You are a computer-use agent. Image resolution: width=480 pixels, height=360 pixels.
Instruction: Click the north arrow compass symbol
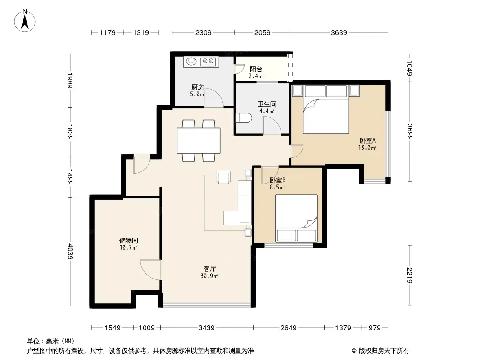[25, 20]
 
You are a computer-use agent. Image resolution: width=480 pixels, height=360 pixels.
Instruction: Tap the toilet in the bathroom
[244, 118]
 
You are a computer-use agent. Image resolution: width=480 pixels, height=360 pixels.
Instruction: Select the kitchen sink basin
[191, 62]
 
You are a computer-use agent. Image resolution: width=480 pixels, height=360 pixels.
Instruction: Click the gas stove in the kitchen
[208, 62]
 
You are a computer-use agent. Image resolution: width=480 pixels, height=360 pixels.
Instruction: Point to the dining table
[199, 141]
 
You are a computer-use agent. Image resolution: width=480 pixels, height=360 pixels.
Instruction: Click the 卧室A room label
[367, 141]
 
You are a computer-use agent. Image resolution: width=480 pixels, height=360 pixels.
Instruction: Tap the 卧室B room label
[277, 180]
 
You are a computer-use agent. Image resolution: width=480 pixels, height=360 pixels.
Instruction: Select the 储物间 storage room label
[129, 240]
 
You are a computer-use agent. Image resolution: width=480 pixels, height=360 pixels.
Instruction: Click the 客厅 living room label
[210, 269]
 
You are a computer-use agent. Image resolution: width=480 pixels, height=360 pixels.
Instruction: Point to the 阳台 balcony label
[256, 69]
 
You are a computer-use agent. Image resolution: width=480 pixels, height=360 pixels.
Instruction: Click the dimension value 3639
[339, 33]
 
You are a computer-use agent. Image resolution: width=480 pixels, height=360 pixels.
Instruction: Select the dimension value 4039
[70, 252]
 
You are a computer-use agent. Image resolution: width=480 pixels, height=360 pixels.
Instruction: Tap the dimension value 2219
[410, 275]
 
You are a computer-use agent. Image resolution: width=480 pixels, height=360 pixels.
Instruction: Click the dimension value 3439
[207, 328]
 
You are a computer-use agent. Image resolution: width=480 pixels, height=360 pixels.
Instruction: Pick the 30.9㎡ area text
[209, 276]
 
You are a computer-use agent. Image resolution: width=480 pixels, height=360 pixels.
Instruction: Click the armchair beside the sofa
[224, 177]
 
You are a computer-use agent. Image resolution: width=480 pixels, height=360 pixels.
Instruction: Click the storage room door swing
[150, 270]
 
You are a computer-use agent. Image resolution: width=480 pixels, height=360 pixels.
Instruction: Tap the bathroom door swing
[272, 126]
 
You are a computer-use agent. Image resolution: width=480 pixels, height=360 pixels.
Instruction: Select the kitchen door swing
[214, 98]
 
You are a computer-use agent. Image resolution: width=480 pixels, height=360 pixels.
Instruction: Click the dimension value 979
[375, 328]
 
